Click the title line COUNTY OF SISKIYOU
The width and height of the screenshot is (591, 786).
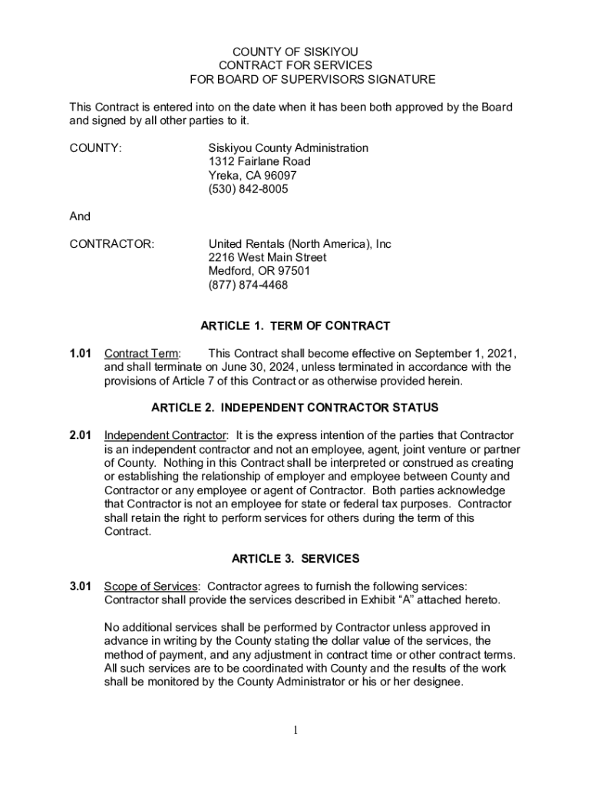[295, 51]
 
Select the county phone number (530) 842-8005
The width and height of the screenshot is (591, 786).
[249, 190]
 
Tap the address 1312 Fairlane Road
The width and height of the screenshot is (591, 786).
[259, 162]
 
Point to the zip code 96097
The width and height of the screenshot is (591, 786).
[281, 176]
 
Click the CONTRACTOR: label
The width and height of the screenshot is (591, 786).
[112, 244]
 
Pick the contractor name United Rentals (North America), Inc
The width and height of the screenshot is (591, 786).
[299, 244]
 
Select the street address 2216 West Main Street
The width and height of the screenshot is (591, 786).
[267, 258]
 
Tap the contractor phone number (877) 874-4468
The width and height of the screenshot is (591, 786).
[249, 286]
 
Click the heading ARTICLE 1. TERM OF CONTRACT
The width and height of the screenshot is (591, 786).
[295, 326]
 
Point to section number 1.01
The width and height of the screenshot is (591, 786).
[81, 354]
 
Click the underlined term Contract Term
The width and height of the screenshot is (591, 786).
[142, 354]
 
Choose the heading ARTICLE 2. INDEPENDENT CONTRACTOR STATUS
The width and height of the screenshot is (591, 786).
[295, 408]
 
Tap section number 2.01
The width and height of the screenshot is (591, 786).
[81, 436]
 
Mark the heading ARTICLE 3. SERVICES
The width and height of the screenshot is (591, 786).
[295, 559]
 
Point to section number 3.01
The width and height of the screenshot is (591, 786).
[81, 586]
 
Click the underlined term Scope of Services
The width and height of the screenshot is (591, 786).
[151, 586]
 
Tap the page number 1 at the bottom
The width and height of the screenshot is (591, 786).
[295, 731]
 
